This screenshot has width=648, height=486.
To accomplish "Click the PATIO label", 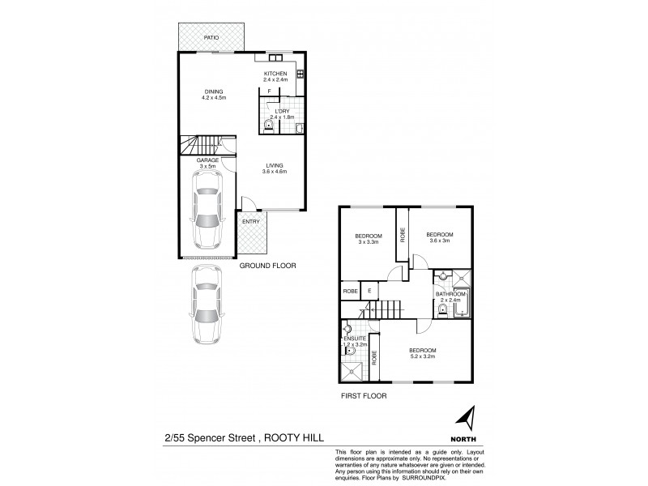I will (x=211, y=37).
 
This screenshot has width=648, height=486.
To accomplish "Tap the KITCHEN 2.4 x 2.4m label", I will (x=276, y=77).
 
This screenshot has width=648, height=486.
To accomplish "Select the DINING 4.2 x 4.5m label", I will (x=213, y=95).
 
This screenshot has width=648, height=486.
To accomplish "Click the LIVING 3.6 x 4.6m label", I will (x=275, y=168).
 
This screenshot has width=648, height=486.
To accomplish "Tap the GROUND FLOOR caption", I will (x=268, y=266).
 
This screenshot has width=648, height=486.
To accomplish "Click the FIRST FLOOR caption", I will (x=363, y=396).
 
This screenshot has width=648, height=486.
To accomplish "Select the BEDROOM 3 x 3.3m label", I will (x=369, y=238).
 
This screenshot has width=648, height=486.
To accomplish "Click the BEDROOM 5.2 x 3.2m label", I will (x=423, y=353).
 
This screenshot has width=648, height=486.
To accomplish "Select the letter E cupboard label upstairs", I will (x=369, y=291).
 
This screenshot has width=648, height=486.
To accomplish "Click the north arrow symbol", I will (x=466, y=419).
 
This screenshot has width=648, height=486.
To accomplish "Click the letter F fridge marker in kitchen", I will (x=269, y=92).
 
